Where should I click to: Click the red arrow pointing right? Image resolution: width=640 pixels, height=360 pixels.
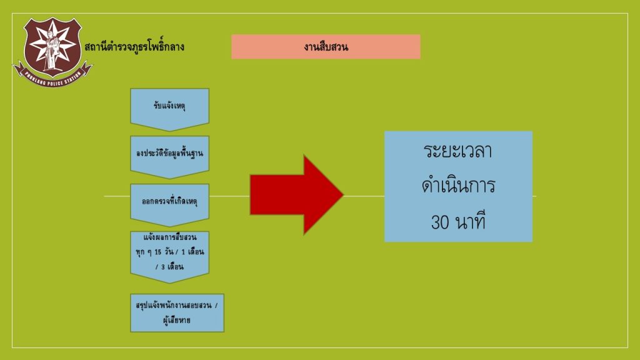coord(297,195)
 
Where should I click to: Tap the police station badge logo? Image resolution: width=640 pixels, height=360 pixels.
coord(52,52)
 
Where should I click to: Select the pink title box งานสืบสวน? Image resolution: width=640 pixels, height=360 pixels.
coord(326,46)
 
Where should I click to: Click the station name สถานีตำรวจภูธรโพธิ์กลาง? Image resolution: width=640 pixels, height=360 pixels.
coord(134,46)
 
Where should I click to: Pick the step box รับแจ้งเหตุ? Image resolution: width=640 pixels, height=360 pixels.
coord(169,109)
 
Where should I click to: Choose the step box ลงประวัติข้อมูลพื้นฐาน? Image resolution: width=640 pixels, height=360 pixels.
coord(169,157)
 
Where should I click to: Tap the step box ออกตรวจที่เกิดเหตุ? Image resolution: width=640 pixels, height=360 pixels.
coord(169,205)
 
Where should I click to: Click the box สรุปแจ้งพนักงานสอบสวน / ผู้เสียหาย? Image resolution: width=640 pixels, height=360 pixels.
coord(177,312)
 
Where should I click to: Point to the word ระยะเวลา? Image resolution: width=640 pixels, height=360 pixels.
coord(458,151)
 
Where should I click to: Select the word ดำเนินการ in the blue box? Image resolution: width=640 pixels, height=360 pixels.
coord(458,186)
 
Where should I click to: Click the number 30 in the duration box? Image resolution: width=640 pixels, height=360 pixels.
coord(440,222)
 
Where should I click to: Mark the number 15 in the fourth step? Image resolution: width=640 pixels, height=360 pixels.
coord(157,252)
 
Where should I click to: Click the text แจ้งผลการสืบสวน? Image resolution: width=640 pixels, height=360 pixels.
coord(170,237)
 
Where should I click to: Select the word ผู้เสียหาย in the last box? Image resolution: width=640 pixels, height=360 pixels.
coord(177,321)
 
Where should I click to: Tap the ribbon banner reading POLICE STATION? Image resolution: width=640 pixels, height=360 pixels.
coord(52,77)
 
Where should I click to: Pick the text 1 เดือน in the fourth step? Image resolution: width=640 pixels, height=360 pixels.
coord(192,252)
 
